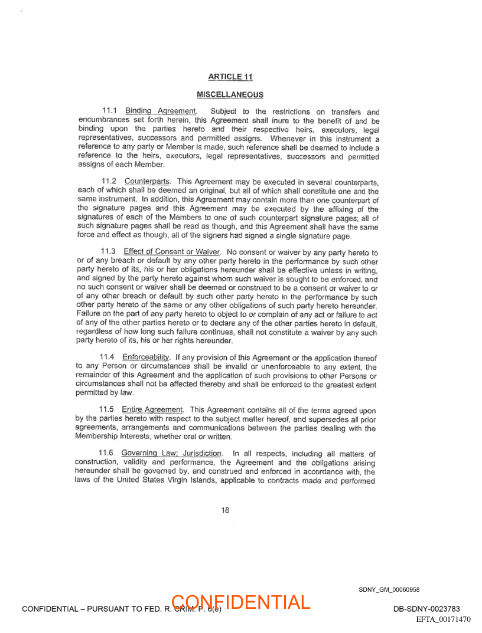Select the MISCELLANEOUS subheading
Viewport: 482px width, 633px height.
(x=230, y=94)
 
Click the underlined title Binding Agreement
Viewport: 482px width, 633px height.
(x=160, y=111)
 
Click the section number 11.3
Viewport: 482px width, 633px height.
(x=108, y=252)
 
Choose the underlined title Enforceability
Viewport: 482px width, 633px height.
(x=146, y=357)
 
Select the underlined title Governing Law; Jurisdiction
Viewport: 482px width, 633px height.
(x=172, y=453)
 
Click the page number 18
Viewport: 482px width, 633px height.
(x=225, y=511)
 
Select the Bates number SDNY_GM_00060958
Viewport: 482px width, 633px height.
(x=389, y=589)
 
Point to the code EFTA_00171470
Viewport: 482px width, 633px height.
(x=443, y=619)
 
